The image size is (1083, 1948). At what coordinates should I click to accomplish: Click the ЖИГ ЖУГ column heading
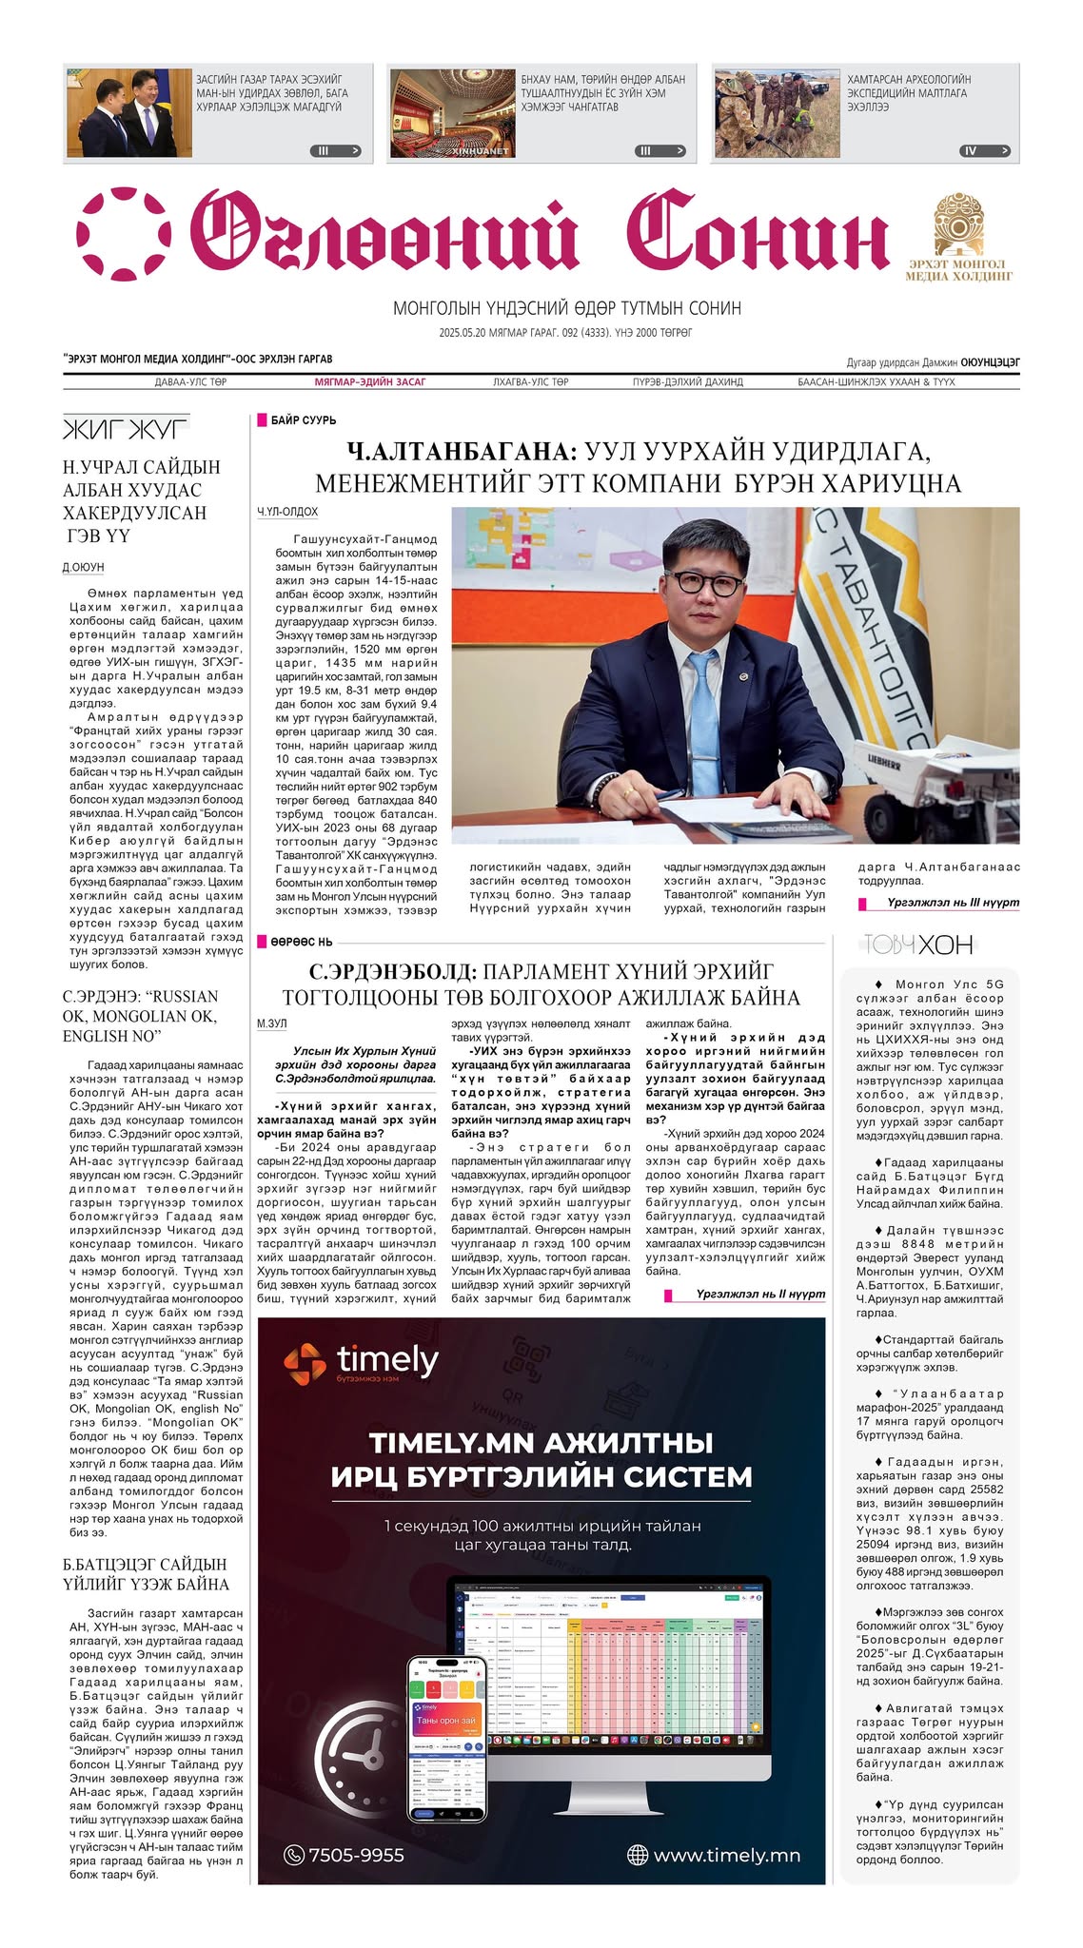[x=126, y=429]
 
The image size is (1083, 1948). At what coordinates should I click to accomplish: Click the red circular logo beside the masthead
[x=124, y=234]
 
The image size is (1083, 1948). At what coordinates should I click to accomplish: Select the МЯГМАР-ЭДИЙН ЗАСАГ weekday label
[x=370, y=382]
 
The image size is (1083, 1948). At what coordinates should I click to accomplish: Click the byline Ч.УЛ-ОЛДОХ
[x=286, y=513]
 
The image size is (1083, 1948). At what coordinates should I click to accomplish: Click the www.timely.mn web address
[x=726, y=1855]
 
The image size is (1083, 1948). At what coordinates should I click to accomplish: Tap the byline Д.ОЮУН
[x=84, y=568]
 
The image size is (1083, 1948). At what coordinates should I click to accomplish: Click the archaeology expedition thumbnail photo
[x=777, y=113]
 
